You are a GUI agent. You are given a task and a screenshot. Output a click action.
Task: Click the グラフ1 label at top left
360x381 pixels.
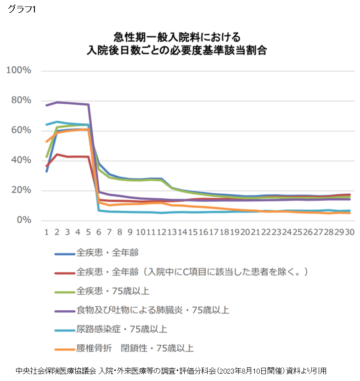[x=22, y=10]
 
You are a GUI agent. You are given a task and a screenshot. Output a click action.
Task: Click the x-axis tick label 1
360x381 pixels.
[x=46, y=232]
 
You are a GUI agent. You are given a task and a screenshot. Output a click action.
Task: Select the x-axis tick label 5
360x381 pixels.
[x=89, y=232]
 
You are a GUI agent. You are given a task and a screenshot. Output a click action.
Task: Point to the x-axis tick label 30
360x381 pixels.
[x=350, y=232]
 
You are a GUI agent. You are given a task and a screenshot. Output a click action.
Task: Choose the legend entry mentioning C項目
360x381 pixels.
[x=191, y=272]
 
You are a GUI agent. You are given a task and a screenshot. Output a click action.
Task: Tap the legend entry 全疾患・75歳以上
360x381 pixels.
[x=113, y=291]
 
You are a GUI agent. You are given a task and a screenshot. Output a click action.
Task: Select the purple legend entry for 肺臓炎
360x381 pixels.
[x=152, y=310]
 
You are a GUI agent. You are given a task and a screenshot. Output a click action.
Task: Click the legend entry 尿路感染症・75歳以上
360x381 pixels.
[x=122, y=330]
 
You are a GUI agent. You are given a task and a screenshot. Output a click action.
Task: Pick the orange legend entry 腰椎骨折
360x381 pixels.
[x=135, y=348]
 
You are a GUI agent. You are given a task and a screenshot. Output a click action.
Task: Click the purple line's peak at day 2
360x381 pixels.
[x=57, y=102]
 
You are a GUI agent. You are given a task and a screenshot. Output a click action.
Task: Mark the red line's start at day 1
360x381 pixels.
[x=46, y=166]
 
